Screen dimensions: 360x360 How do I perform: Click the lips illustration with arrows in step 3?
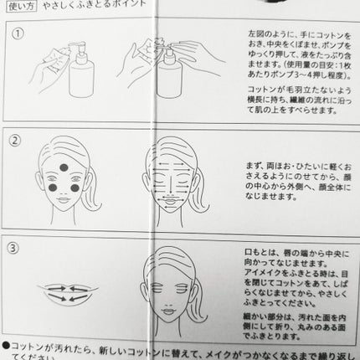point(69,290)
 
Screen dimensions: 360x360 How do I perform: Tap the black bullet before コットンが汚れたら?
point(7,345)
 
